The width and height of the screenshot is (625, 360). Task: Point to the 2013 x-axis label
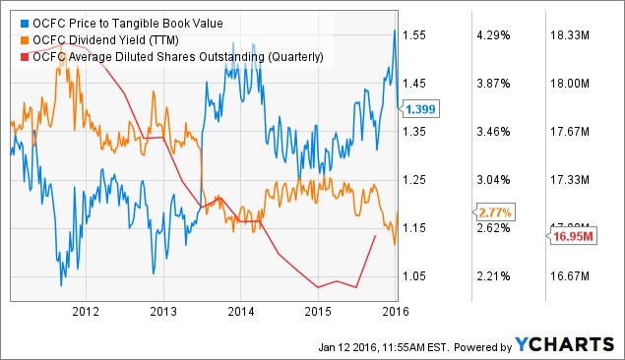coord(162,313)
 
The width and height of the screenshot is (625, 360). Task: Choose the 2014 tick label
coord(240,313)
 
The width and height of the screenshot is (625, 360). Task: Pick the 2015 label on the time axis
coord(318,313)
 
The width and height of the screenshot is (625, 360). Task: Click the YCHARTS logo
coord(562,344)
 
